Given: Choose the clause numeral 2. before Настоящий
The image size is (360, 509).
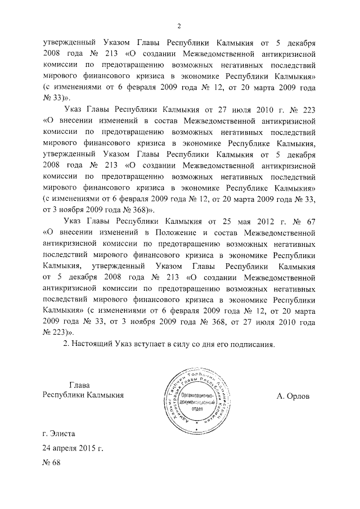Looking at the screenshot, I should [67, 345].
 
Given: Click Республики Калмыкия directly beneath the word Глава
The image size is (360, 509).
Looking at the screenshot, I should [83, 395].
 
